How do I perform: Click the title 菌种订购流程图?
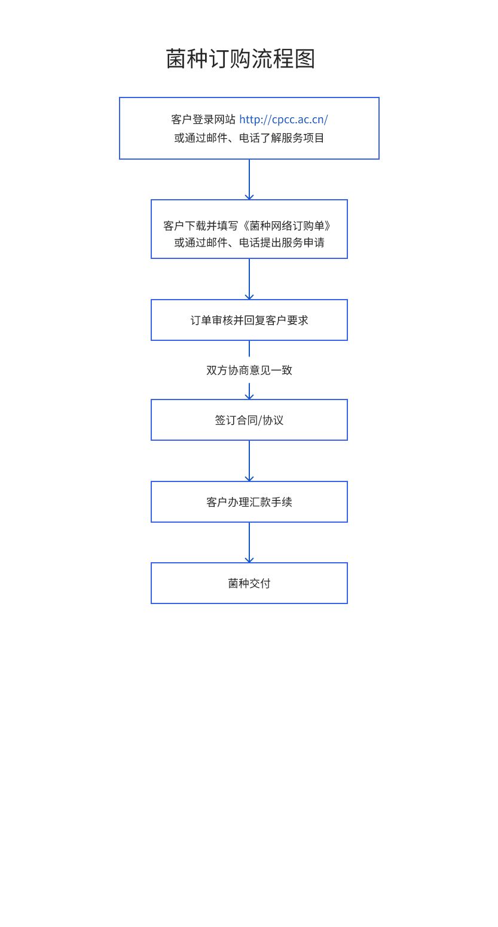tap(240, 59)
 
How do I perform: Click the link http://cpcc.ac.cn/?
tap(284, 120)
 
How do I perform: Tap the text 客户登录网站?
tap(203, 120)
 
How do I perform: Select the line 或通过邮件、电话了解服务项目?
tap(249, 138)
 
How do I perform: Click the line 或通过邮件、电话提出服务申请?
tap(249, 242)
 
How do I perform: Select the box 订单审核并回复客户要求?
tap(249, 320)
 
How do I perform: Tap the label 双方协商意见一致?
tap(249, 370)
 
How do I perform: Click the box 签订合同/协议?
tap(249, 420)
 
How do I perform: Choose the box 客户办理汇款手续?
tap(249, 502)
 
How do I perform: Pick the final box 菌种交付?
tap(249, 583)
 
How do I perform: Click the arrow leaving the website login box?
tap(249, 179)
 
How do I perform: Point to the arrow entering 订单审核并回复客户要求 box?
tap(249, 279)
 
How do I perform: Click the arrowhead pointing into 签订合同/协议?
tap(249, 397)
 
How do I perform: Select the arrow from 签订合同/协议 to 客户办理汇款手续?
tap(249, 461)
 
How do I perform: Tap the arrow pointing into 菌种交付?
tap(249, 542)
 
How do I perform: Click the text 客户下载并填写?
tap(201, 225)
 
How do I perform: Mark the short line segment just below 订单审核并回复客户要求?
tap(249, 349)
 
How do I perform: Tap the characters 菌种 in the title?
tap(187, 59)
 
